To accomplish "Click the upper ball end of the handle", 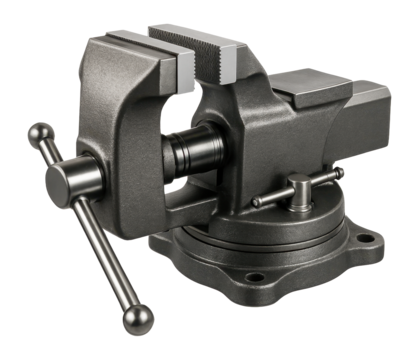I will click(x=41, y=134).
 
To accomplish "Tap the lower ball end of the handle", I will click(x=138, y=318).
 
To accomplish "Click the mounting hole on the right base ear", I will click(x=366, y=241).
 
